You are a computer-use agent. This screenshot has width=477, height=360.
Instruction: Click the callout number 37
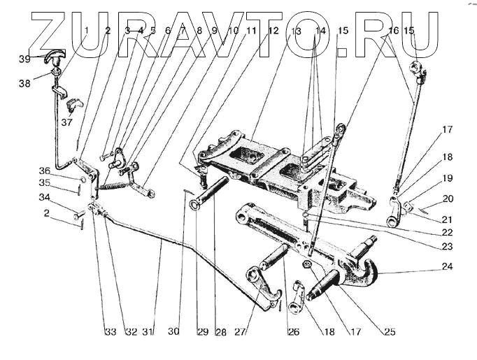[67, 122]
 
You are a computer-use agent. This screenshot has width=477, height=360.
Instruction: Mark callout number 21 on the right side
[447, 219]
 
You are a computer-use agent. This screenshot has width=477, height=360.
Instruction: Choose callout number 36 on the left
[44, 171]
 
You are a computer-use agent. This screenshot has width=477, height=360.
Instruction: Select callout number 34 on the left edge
[43, 199]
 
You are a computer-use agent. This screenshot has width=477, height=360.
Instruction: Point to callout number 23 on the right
[447, 247]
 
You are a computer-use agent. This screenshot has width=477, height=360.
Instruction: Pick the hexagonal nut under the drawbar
[308, 264]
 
